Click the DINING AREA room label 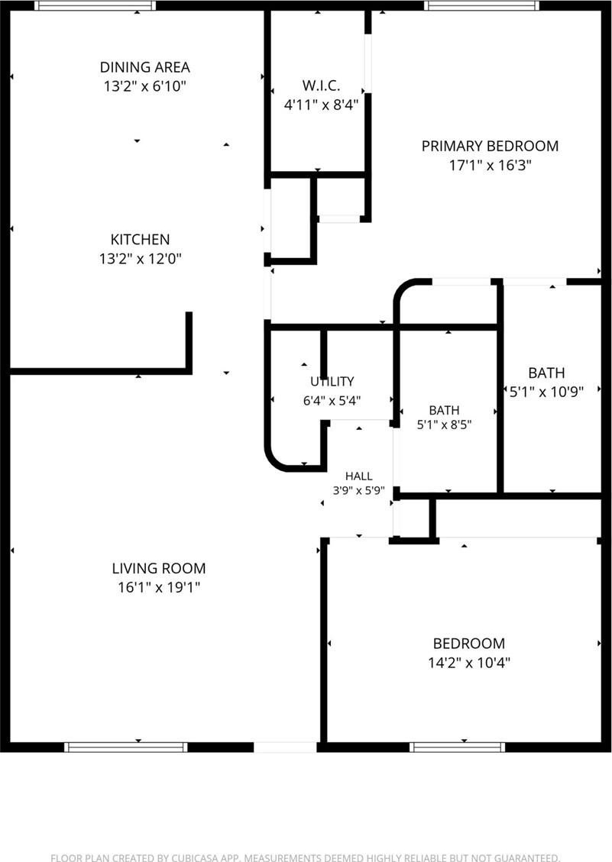(x=144, y=67)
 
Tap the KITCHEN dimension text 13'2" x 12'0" (x=141, y=258)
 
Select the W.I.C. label (x=321, y=86)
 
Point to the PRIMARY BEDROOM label (x=490, y=146)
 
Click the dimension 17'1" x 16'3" (x=490, y=165)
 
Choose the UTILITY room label (x=332, y=382)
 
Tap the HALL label (x=359, y=476)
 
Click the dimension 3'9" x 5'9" (x=359, y=490)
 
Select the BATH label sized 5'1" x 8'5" (x=444, y=410)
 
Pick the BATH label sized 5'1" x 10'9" (x=546, y=373)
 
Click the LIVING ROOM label (x=159, y=568)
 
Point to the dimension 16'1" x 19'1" (x=159, y=588)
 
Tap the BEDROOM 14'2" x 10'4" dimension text (x=469, y=663)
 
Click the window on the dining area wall (x=96, y=5)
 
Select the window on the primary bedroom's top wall (x=482, y=5)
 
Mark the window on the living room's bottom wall (x=126, y=747)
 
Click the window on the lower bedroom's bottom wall (x=458, y=747)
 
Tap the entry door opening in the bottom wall (x=285, y=747)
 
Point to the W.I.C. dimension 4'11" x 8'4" (x=321, y=105)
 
